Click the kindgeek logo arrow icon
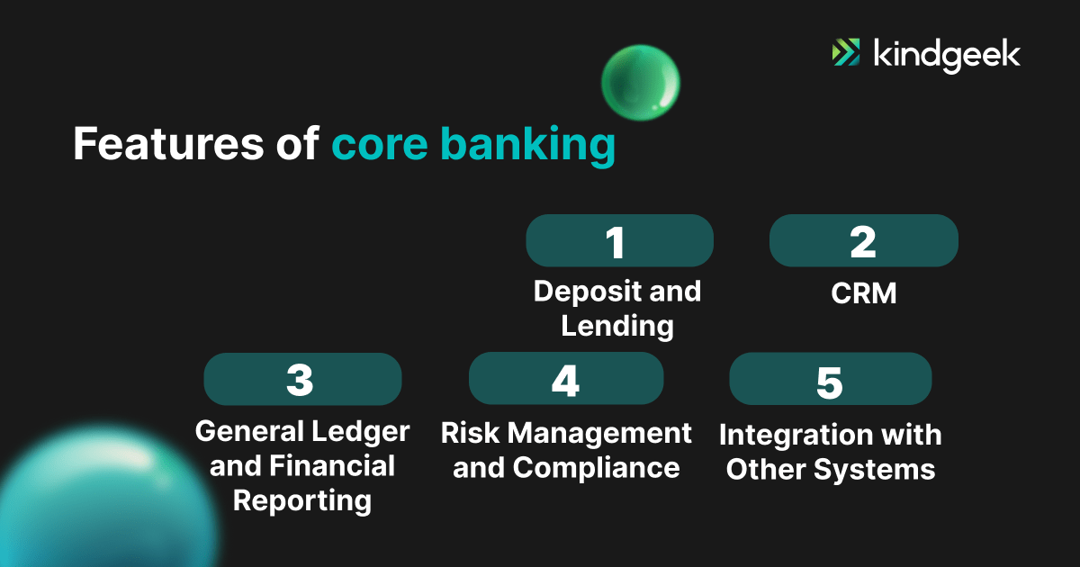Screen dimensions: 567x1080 pos(846,53)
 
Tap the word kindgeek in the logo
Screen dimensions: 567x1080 pos(947,54)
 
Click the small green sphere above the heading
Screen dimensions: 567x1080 pos(640,83)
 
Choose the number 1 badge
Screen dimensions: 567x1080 pos(619,241)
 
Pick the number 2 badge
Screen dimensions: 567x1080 pos(863,241)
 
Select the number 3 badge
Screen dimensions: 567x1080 pos(302,379)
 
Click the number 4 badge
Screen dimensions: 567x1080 pos(566,379)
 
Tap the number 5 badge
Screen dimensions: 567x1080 pos(830,379)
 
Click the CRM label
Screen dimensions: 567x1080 pos(864,293)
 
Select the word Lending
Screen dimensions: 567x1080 pos(617,326)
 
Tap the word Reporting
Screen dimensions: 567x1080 pos(302,500)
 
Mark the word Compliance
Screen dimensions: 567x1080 pos(596,468)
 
